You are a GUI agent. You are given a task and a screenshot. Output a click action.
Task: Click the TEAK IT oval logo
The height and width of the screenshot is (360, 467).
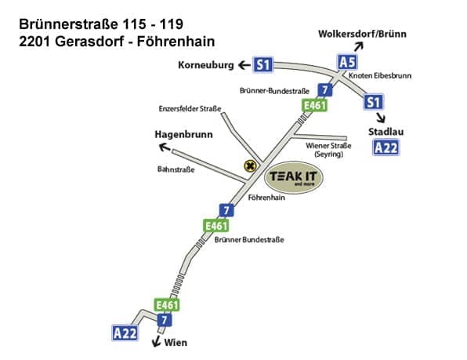294,177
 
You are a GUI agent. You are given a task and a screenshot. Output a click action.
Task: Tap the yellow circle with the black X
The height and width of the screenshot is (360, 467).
250,166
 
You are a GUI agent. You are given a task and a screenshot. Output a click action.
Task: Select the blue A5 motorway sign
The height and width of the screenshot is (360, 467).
347,63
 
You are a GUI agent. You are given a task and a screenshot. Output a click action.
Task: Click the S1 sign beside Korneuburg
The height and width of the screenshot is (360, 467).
263,64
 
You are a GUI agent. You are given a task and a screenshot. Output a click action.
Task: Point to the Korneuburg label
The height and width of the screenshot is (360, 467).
206,65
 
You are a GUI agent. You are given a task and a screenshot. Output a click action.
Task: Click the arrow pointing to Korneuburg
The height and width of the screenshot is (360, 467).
244,65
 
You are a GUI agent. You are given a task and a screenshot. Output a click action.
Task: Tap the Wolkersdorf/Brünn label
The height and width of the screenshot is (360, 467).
362,34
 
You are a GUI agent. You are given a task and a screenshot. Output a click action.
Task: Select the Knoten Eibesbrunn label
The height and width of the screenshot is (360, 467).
380,76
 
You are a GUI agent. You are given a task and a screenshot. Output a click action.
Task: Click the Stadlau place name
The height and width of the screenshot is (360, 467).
386,132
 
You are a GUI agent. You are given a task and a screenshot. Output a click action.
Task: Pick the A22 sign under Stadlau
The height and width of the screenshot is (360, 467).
386,147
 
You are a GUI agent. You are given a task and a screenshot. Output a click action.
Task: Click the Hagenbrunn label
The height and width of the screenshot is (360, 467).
183,135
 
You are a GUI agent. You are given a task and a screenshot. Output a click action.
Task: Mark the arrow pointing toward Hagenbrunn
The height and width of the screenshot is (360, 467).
165,147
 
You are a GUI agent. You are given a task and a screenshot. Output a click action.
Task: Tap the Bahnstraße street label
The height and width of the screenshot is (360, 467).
176,169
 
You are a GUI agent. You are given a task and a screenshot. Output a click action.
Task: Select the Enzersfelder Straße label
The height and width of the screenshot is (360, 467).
190,109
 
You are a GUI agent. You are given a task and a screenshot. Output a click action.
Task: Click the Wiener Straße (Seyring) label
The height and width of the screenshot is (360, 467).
328,150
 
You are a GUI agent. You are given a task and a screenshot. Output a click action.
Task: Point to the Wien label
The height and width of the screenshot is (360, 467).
176,343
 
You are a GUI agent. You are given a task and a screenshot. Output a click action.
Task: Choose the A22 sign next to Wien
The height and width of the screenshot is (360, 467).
125,333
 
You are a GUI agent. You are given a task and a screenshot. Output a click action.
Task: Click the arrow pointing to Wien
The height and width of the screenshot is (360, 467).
156,341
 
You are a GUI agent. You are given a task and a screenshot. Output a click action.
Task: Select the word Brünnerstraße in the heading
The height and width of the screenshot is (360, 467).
68,24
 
